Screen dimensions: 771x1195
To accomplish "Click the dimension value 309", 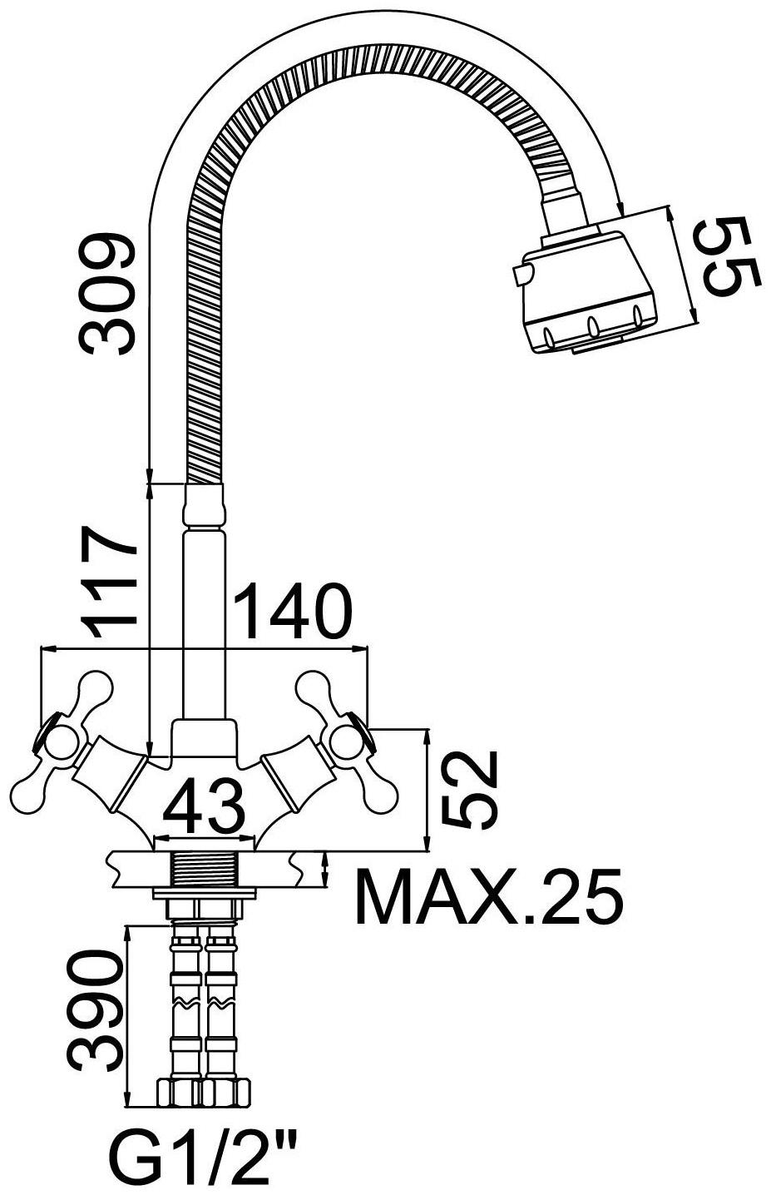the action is tap(106, 294).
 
